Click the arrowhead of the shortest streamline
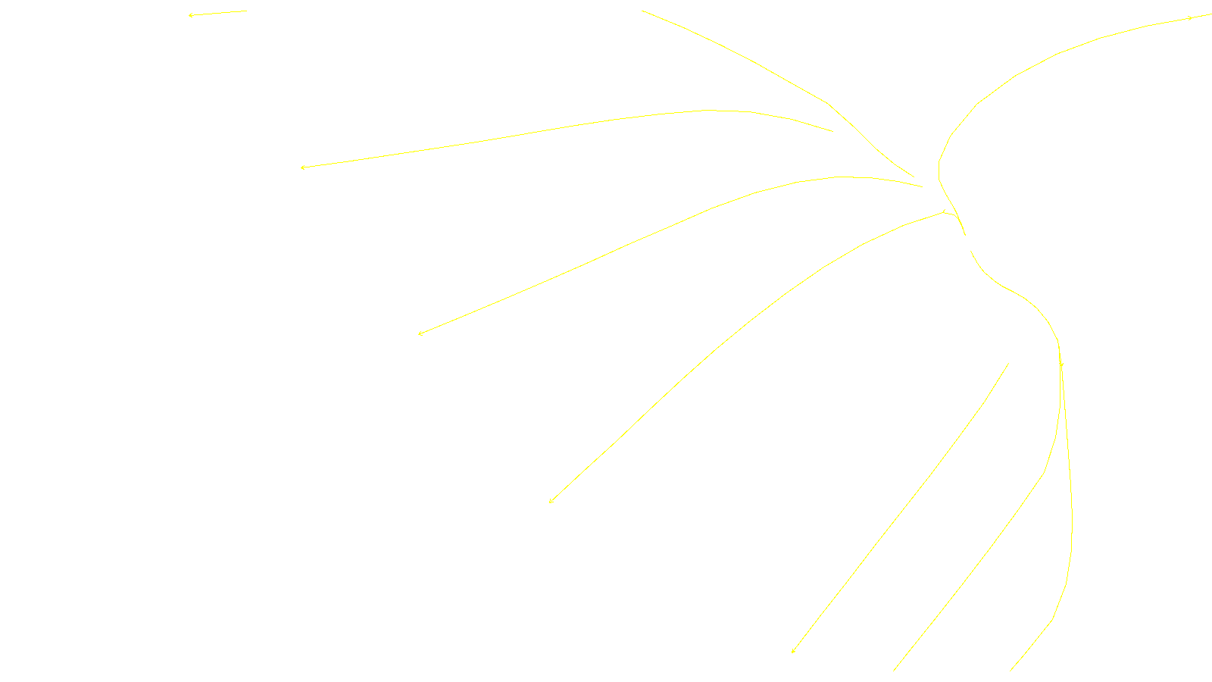click(190, 15)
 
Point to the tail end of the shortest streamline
click(247, 11)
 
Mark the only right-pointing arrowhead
click(1192, 17)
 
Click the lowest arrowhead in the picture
click(792, 651)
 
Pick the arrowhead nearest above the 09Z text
click(551, 501)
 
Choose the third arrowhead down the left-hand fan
click(420, 333)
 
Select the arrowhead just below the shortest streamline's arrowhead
click(302, 167)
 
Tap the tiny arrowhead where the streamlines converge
click(944, 211)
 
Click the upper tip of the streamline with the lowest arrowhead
click(1008, 364)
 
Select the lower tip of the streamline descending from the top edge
click(914, 177)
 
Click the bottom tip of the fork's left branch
click(894, 671)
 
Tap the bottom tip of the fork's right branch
click(1011, 671)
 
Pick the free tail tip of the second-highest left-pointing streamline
click(832, 131)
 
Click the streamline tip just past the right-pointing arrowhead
click(1211, 14)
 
